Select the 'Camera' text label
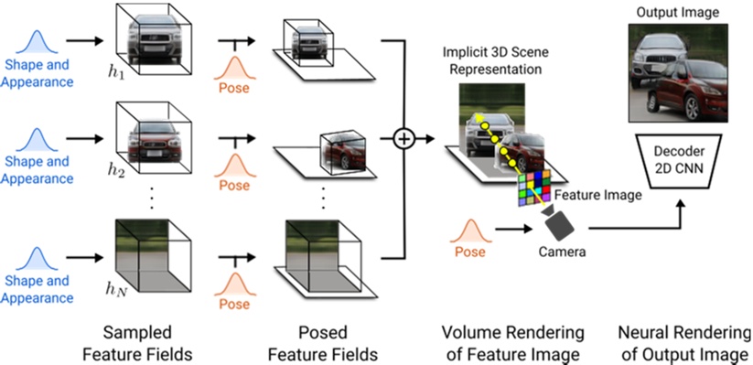pyautogui.click(x=560, y=249)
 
